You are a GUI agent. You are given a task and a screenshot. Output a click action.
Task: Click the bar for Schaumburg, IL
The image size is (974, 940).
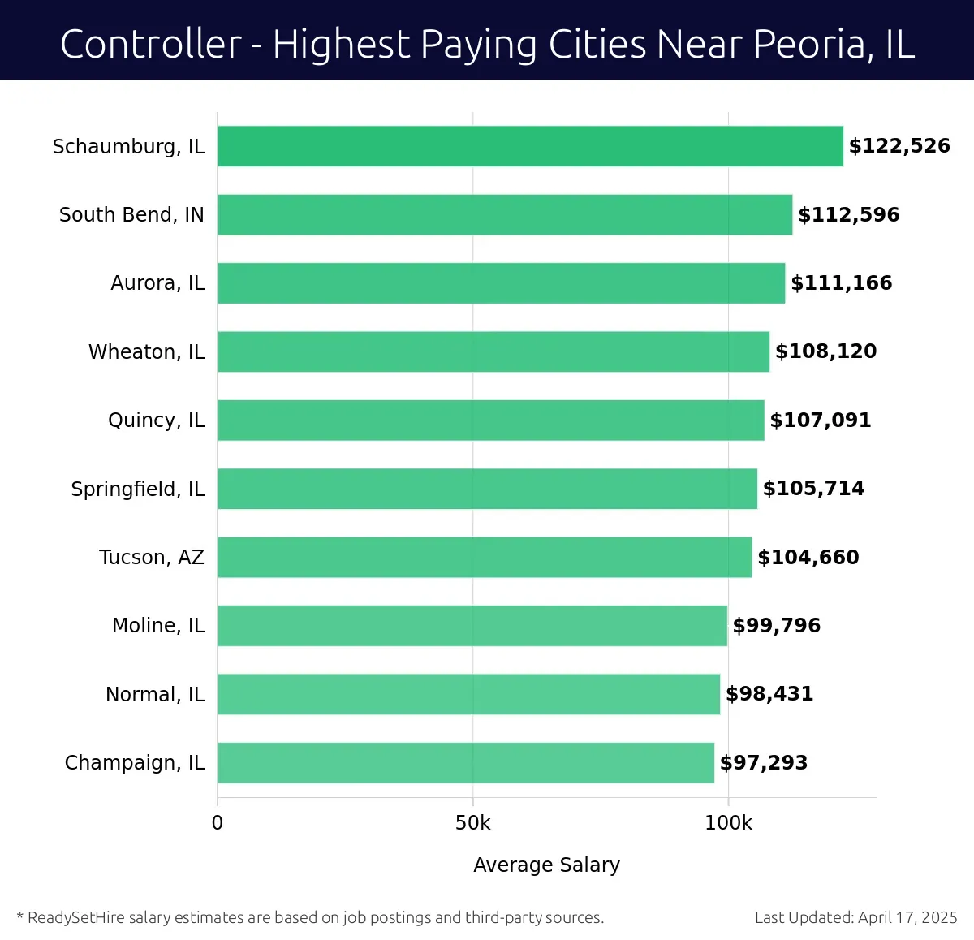pos(530,146)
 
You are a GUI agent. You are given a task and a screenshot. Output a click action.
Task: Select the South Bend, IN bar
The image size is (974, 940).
pos(504,214)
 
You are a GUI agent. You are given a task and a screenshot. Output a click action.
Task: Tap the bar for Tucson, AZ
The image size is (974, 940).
pos(484,557)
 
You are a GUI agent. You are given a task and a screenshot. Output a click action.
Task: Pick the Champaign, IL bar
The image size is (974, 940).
pos(465,762)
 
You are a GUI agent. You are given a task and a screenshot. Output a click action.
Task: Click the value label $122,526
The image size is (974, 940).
pos(899,146)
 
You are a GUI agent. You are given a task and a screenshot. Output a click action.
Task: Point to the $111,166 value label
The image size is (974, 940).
pos(841,283)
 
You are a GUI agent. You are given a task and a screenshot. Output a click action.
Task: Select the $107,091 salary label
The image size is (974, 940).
pos(820,420)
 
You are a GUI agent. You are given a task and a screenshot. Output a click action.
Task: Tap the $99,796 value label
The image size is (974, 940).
pos(776,626)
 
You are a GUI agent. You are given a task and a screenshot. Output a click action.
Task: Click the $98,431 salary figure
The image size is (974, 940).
pos(769,694)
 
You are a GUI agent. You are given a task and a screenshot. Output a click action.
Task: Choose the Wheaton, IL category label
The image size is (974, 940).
pos(146,352)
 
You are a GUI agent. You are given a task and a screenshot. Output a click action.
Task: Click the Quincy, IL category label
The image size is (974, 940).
pos(156,420)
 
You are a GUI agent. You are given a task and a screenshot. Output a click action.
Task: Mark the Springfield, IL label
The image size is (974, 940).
pos(137,489)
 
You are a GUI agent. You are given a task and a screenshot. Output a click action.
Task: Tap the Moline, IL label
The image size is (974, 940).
pos(158,626)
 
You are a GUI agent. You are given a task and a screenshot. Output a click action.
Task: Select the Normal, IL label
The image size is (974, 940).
pos(155,695)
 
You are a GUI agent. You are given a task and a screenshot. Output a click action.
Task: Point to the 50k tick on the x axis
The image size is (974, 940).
pos(472,823)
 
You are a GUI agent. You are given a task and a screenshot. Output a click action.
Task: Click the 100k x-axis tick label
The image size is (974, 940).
pos(728,823)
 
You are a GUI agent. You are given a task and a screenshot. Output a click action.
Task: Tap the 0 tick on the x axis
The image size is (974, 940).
pos(217,823)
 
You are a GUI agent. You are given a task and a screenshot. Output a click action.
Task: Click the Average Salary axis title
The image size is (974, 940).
pos(546,865)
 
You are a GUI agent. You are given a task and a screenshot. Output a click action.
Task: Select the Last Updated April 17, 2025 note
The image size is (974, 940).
pos(855,918)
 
